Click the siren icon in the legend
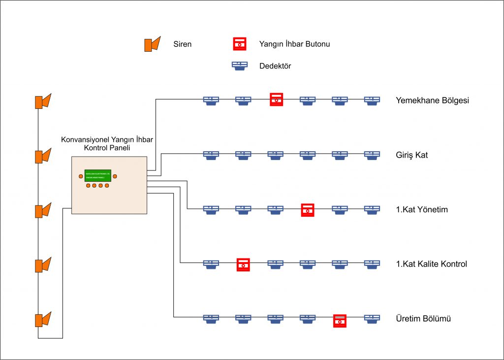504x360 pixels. pos(152,44)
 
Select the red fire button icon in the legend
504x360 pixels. pos(240,44)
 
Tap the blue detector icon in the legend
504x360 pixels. pos(240,65)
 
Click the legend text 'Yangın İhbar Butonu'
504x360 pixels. pos(294,44)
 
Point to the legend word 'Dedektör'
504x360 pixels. pos(275,65)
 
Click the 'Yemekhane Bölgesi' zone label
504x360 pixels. pos(432,100)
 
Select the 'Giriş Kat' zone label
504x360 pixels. pos(412,155)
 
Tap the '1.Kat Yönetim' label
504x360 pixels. pos(422,210)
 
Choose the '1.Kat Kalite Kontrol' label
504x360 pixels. pos(431,264)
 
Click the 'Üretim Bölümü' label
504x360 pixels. pos(423,319)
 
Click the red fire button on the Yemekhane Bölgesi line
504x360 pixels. pos(276,99)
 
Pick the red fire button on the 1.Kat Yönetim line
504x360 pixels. pos(308,209)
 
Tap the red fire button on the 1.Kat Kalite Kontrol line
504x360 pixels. pos(243,264)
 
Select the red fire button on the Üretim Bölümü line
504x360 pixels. pos(340,321)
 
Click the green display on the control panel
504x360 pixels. pos(97,175)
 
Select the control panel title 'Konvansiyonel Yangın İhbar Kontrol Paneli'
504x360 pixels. pos(106,144)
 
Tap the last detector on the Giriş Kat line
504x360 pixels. pos(372,155)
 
